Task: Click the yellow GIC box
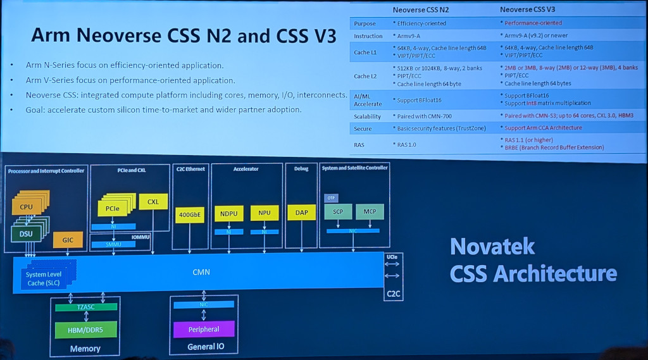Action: [68, 240]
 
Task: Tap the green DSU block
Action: [26, 233]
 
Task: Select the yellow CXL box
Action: [153, 202]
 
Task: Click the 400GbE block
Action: [190, 214]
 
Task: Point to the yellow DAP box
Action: [301, 213]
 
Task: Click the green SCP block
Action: [337, 212]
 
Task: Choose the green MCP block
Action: [370, 212]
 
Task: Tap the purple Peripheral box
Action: [204, 329]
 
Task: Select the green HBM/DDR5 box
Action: [85, 330]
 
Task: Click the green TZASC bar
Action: [85, 307]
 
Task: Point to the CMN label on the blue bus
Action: [201, 272]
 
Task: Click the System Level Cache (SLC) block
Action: [44, 278]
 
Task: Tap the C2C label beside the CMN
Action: [393, 294]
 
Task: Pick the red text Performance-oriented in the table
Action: [533, 23]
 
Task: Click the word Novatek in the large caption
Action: [492, 246]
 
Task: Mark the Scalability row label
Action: [367, 116]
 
